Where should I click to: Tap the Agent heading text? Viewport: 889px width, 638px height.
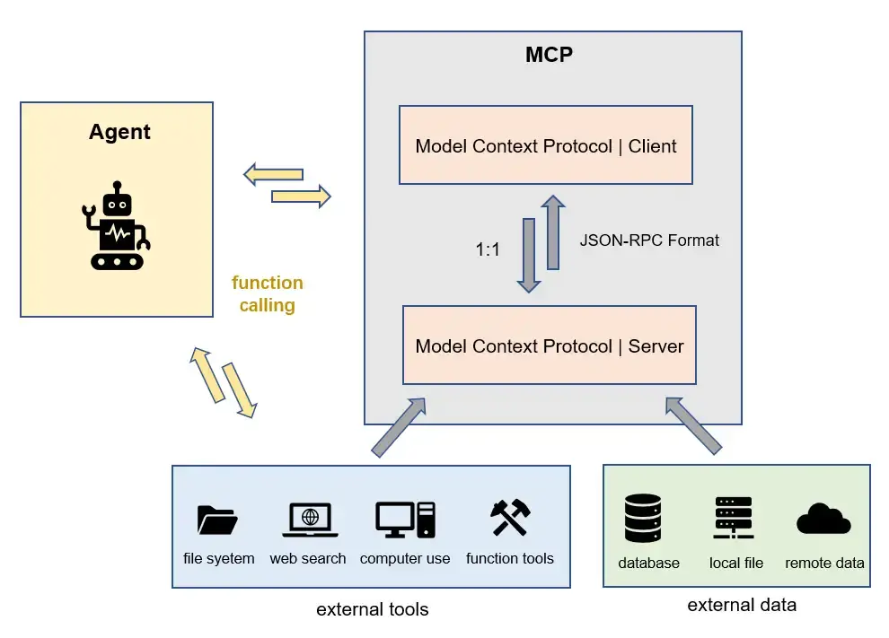tap(119, 132)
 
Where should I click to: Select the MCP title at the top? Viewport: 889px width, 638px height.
tap(549, 55)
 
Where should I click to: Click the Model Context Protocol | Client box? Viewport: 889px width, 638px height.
tap(545, 145)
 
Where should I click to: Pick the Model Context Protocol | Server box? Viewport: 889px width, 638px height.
tap(549, 345)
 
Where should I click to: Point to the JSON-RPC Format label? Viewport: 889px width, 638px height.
tap(649, 240)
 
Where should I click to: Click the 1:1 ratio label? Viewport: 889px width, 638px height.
tap(488, 250)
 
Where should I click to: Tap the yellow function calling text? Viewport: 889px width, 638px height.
tap(267, 293)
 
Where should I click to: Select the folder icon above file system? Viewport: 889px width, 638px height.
tap(217, 520)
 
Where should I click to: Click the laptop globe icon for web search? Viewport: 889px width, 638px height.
tap(309, 520)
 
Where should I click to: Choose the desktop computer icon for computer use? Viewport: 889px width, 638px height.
tap(405, 520)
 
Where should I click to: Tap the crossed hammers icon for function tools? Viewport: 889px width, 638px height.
tap(510, 519)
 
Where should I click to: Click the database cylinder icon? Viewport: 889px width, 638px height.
tap(642, 520)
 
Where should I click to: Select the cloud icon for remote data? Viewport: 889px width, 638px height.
tap(823, 520)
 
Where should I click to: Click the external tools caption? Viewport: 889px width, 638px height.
tap(372, 609)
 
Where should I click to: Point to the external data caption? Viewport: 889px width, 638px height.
tap(741, 605)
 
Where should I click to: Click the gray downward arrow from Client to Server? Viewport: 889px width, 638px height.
tap(529, 255)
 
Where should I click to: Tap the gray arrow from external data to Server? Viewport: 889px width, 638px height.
tap(694, 425)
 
